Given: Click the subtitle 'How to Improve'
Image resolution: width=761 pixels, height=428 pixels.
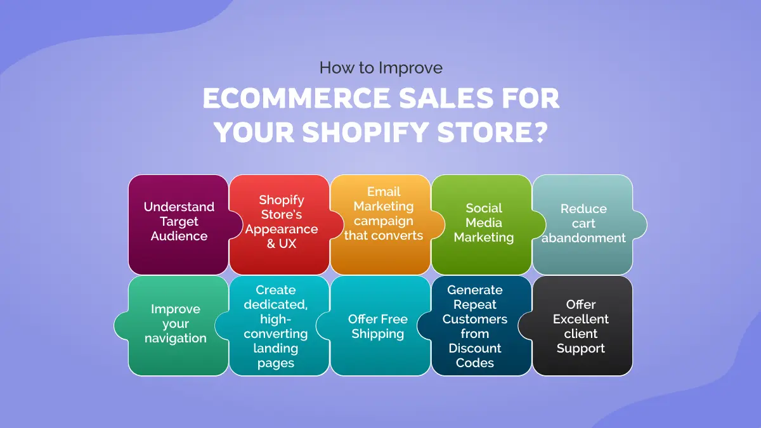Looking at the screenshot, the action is point(381,68).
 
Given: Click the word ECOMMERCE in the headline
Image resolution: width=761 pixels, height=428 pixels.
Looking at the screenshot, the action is point(297,98).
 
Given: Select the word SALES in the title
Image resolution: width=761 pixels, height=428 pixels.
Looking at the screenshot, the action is point(446,98).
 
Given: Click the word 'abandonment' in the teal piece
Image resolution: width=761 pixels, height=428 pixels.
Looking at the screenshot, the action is point(583,238).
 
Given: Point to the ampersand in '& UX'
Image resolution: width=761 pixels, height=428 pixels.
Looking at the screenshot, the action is point(271,243).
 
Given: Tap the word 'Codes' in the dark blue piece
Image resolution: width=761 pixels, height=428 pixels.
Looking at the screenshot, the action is point(474,363).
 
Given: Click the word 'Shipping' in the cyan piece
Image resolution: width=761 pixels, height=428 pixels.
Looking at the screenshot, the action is point(378,334).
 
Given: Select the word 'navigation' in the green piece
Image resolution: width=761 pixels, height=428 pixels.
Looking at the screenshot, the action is point(176,339).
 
